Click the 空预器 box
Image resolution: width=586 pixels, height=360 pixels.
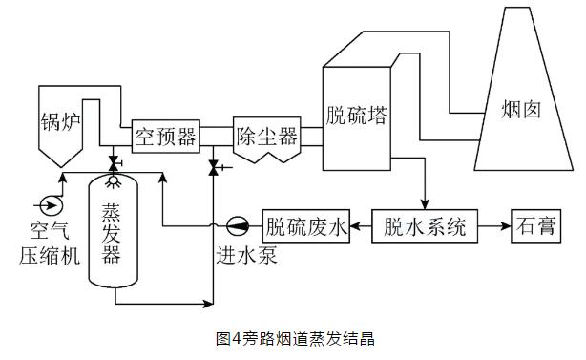pos(165,137)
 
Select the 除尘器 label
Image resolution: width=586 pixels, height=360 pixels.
pos(267,137)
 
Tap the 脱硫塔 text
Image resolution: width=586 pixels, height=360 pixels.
pos(356,116)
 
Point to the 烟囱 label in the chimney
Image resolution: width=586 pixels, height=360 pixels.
pos(521,110)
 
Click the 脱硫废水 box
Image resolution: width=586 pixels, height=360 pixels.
pos(306,226)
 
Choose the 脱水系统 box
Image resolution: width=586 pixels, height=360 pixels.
pos(425,226)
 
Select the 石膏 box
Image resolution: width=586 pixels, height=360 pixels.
pos(536,226)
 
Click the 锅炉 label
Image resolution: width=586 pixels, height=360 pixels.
pos(60,121)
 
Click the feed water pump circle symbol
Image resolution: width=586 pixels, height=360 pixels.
pos(238,225)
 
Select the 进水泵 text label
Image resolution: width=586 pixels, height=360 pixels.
pos(246,256)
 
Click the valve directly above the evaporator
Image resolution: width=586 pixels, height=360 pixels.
pos(113,163)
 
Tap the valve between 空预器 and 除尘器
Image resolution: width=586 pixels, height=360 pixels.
pos(214,167)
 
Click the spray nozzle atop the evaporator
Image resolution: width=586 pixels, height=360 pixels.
pos(113,181)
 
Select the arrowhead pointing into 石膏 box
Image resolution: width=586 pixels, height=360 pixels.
pos(507,226)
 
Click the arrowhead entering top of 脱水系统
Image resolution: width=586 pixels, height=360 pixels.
pos(425,204)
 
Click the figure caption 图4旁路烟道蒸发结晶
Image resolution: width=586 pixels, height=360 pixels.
pos(295,339)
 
